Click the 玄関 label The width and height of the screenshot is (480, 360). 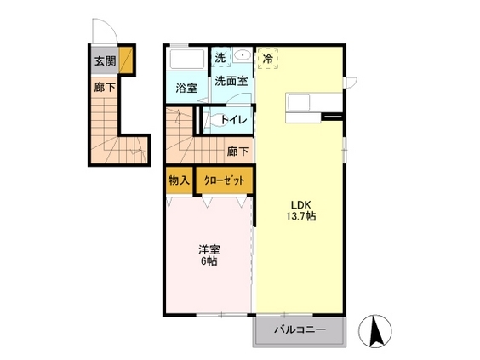point(105,60)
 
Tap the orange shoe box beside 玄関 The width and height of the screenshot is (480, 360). point(125,60)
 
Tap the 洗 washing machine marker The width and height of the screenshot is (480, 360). point(220,59)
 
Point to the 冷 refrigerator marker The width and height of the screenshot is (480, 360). point(268,60)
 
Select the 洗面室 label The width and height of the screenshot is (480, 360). point(230,82)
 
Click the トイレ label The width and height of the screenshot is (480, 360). point(234,120)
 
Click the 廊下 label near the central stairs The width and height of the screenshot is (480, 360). point(237,151)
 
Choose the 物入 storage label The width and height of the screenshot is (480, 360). point(179,180)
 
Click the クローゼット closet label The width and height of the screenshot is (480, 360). point(224,180)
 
